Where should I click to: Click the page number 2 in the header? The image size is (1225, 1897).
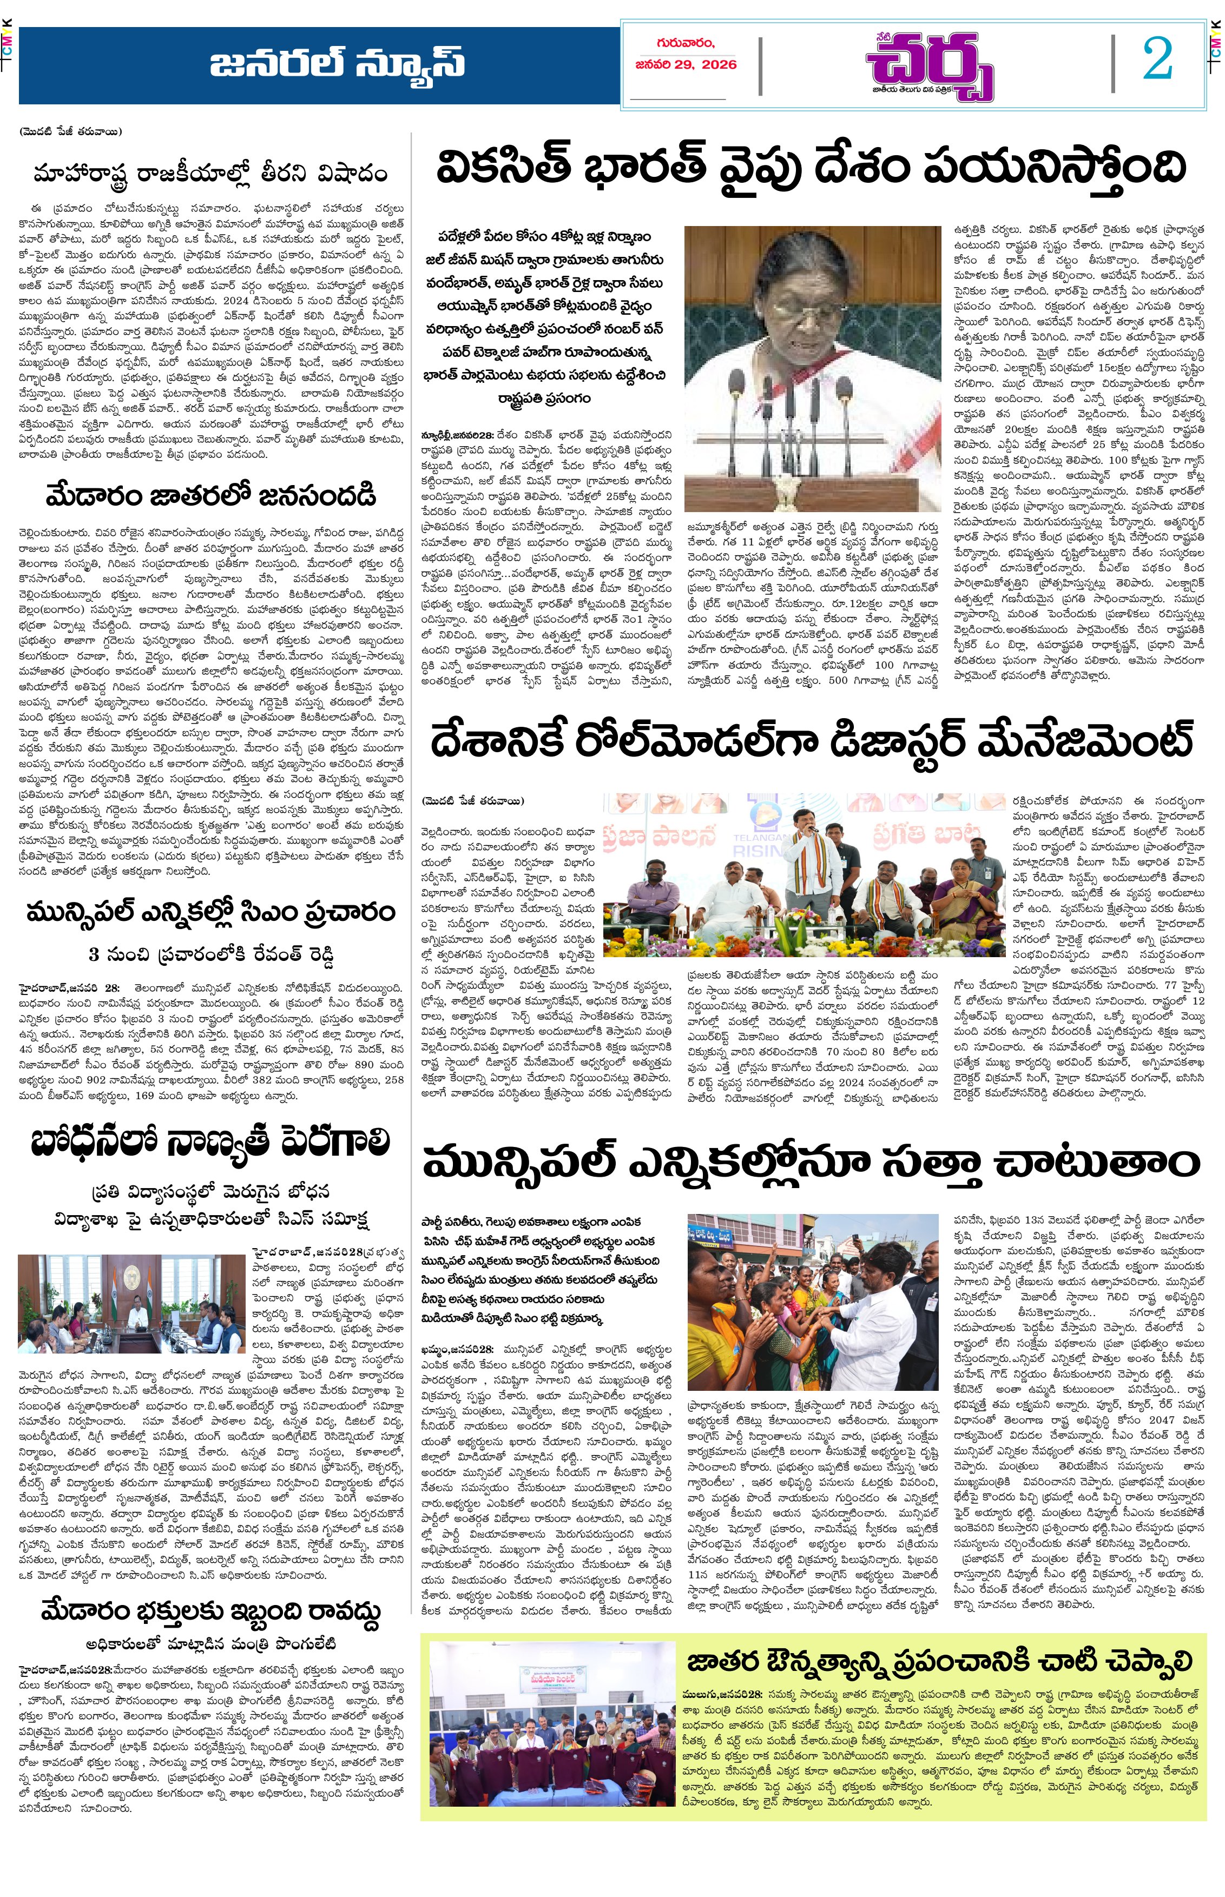pyautogui.click(x=1157, y=59)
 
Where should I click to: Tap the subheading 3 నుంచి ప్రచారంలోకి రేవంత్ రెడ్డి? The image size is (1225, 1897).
pyautogui.click(x=211, y=953)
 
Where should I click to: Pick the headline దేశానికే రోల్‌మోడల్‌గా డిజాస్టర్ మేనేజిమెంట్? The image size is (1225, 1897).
pyautogui.click(x=812, y=740)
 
